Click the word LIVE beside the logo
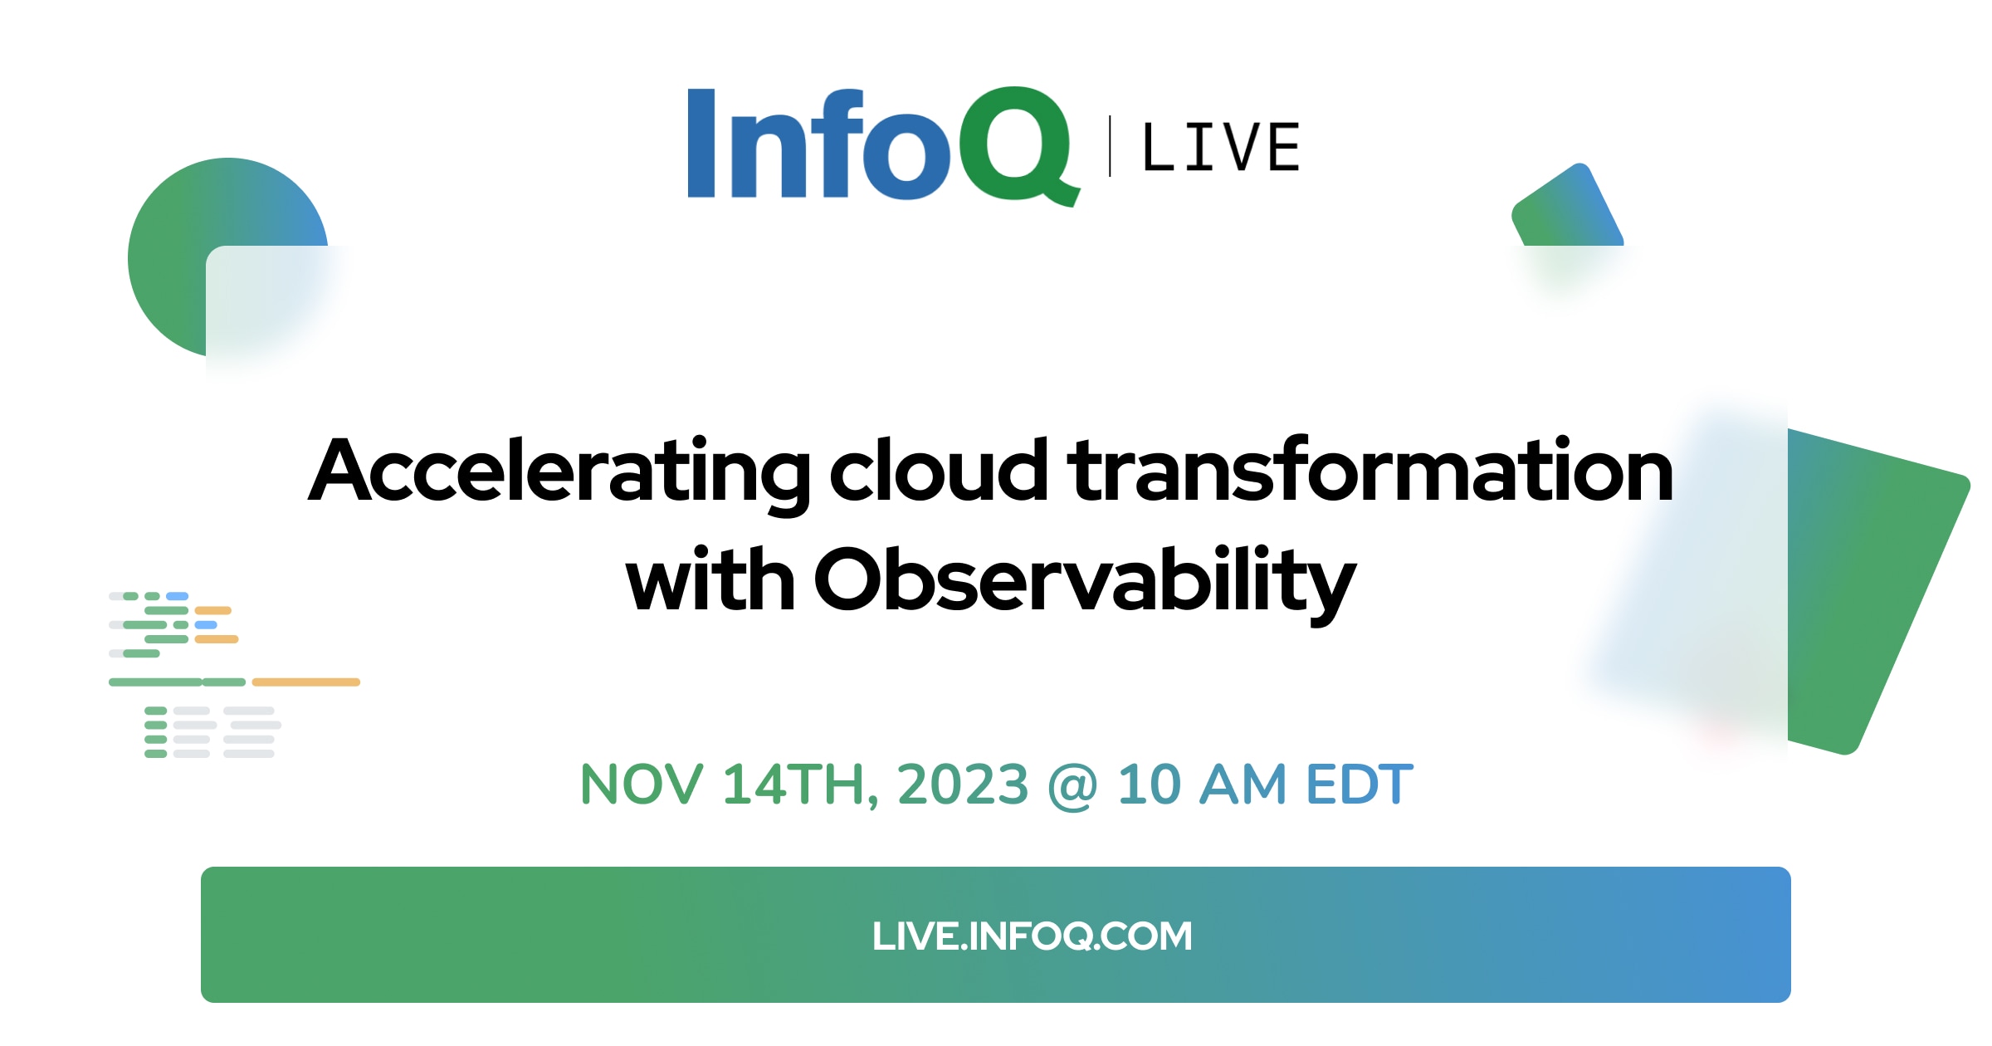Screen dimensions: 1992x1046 (x=1221, y=148)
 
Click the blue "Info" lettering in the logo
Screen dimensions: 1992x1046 (x=818, y=144)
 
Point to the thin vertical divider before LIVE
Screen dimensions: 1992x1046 (x=1110, y=147)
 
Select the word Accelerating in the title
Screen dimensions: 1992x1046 (x=559, y=472)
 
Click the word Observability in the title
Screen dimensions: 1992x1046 (x=1085, y=584)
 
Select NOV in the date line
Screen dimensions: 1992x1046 (x=642, y=784)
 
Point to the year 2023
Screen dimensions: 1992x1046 (x=963, y=784)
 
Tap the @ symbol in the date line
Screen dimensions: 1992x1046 (x=1073, y=785)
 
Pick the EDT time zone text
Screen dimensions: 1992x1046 (x=1360, y=784)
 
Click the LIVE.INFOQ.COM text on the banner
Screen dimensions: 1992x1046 (x=1032, y=936)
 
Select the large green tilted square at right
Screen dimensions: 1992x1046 (x=1876, y=589)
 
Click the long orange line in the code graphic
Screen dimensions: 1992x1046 (x=305, y=682)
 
